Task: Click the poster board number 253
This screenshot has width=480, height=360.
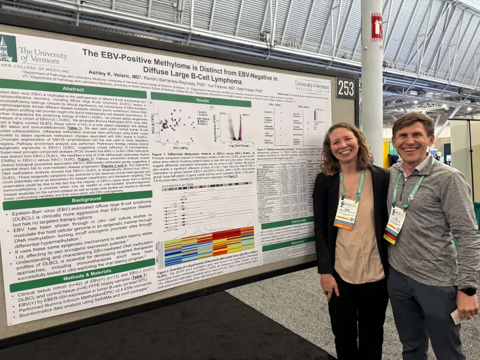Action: (x=346, y=88)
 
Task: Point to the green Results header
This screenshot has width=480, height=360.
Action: (x=202, y=100)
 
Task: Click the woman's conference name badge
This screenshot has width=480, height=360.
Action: (x=346, y=212)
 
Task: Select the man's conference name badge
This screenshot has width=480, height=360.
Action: (x=395, y=224)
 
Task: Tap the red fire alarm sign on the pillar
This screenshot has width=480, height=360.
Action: (x=376, y=27)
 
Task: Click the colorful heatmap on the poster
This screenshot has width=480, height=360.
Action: (x=209, y=246)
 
